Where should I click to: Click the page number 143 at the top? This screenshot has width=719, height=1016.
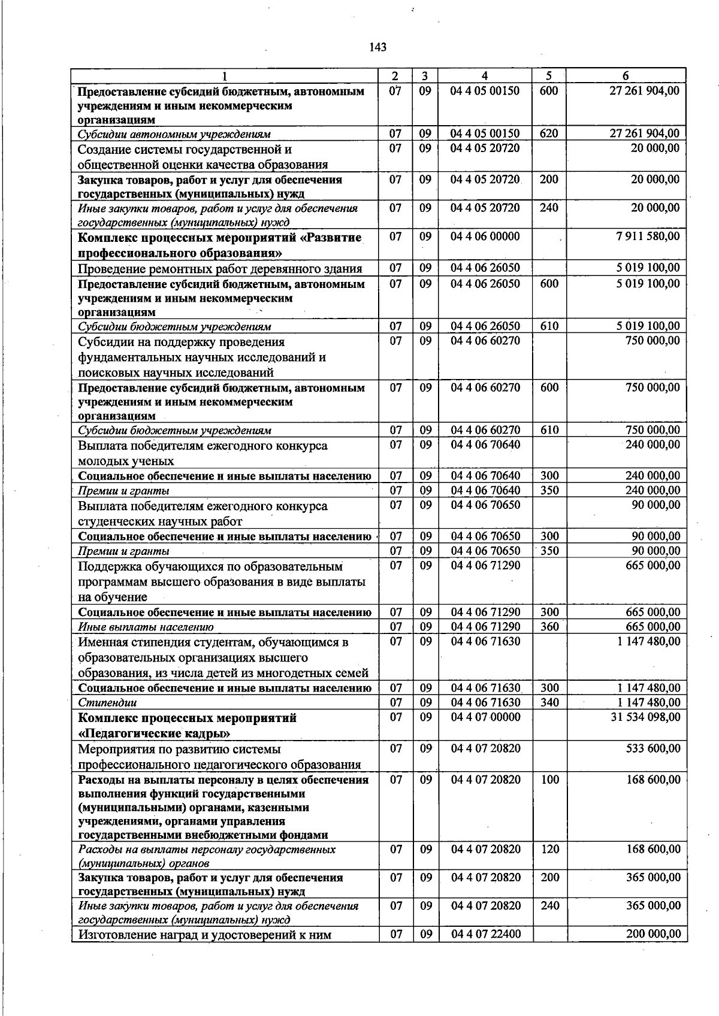378,48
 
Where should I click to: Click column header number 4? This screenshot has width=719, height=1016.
485,76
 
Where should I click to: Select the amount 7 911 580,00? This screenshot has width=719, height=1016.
648,236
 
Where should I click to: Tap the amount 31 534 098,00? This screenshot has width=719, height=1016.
645,717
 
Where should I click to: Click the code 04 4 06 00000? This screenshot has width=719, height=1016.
485,236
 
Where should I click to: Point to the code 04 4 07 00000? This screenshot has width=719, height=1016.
485,717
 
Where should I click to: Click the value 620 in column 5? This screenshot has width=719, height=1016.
549,134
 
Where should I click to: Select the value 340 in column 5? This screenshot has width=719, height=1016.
549,702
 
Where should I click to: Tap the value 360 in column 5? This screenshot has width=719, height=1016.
549,626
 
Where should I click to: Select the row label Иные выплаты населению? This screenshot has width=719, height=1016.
146,627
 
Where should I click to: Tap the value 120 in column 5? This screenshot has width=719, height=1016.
549,849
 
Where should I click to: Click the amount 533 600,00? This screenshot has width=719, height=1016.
653,748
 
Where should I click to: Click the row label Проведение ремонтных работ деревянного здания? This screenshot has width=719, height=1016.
220,268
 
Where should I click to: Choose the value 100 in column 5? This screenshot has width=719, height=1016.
549,779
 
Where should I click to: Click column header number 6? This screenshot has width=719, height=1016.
626,76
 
